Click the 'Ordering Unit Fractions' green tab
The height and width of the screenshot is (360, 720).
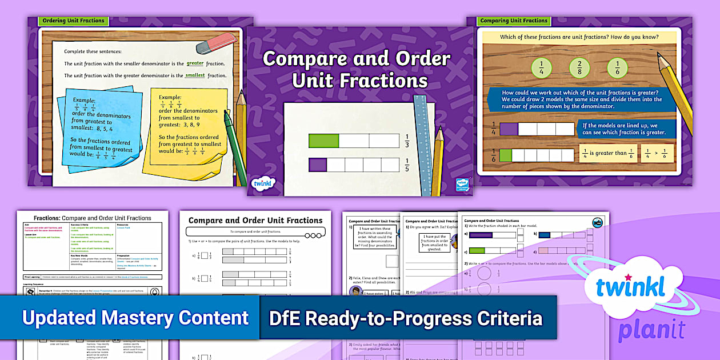click(73, 21)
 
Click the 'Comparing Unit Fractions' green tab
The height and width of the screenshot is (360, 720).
click(514, 21)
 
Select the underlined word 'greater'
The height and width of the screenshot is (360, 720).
click(195, 63)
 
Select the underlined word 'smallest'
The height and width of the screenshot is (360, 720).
click(195, 75)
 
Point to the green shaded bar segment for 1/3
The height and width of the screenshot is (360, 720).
click(323, 140)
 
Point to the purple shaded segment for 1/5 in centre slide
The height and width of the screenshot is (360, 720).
click(318, 165)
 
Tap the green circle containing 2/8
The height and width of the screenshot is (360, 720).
click(579, 68)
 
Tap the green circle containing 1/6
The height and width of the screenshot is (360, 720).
click(617, 68)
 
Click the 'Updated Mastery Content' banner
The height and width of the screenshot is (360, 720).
click(135, 318)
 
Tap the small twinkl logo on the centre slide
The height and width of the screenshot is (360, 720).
click(262, 184)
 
